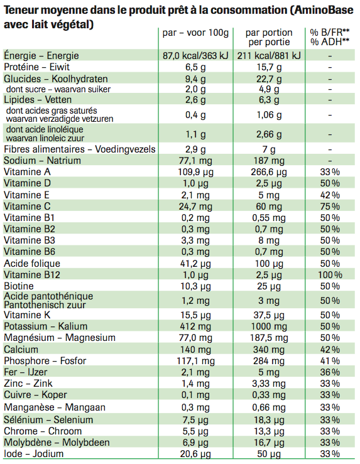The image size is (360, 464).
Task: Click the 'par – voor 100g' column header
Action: coord(195,33)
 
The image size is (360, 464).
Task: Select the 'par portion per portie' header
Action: coord(269,37)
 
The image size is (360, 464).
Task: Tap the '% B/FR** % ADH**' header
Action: coord(330,37)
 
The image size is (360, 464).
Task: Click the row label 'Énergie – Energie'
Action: coord(41,55)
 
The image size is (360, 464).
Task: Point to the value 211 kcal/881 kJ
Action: coord(269,56)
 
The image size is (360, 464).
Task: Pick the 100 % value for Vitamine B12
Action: coord(330,275)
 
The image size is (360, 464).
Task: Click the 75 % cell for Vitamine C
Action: coord(330,207)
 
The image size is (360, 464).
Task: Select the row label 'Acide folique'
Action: coord(32,263)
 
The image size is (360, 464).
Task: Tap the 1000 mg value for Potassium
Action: coord(269,326)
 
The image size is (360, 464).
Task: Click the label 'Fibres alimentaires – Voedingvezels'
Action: coord(80,149)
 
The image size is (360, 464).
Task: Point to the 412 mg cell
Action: coord(195,326)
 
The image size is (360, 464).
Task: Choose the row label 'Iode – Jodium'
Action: coord(34,454)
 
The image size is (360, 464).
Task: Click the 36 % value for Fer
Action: coord(330,372)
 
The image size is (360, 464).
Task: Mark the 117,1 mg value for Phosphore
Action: coord(195,361)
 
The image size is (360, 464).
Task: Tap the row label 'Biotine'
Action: coord(19,286)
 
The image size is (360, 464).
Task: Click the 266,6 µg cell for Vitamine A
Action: coord(269,172)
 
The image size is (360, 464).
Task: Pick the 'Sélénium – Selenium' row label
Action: coord(48,419)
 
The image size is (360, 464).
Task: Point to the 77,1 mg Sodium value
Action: coord(195,161)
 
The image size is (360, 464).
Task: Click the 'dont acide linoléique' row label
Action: coord(45,129)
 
